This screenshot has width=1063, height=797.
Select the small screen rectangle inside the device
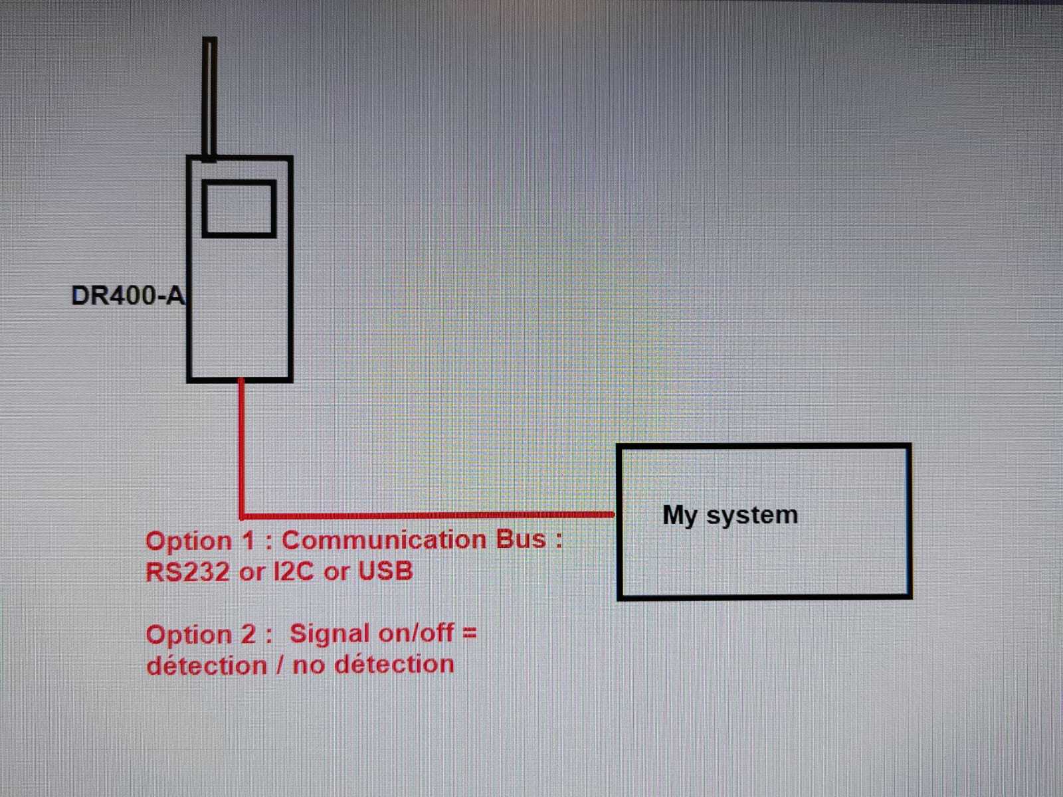239,209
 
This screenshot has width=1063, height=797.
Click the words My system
730,515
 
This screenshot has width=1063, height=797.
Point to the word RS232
187,572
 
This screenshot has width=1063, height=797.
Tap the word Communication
384,540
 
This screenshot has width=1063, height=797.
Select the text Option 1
200,541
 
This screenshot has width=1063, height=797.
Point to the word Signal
329,634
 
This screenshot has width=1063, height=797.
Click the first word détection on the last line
207,665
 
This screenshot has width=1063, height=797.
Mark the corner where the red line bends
242,515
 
